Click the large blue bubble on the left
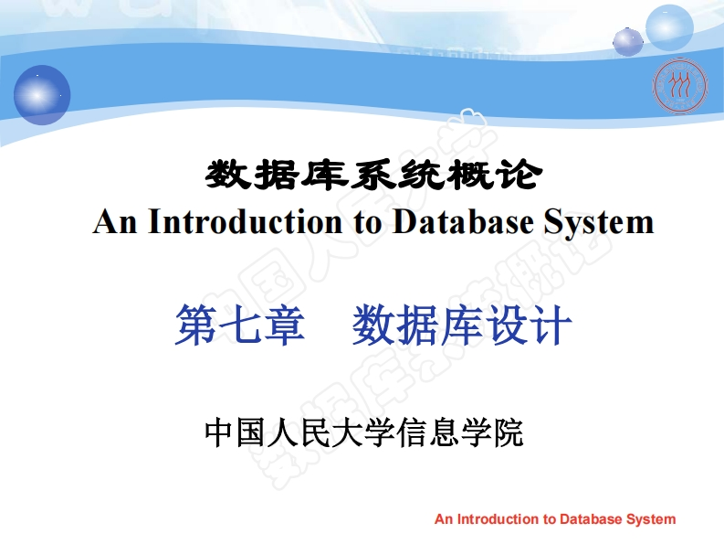(x=42, y=95)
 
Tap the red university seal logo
(x=679, y=86)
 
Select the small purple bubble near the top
(x=628, y=42)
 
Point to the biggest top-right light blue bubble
(x=669, y=27)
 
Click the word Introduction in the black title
(x=246, y=221)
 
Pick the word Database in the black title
(x=463, y=221)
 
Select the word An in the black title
(x=115, y=221)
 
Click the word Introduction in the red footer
(x=498, y=519)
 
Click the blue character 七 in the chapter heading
(x=240, y=325)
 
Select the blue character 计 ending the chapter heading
(x=551, y=325)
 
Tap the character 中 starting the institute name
(x=218, y=432)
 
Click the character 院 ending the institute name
(x=508, y=432)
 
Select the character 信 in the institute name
(x=412, y=432)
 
